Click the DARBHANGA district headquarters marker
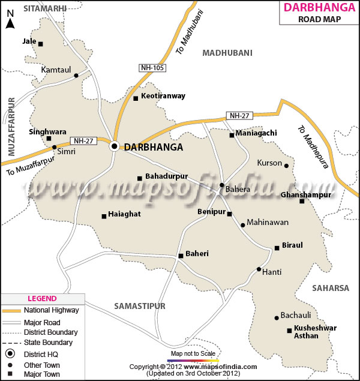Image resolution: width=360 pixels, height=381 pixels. (x=114, y=146)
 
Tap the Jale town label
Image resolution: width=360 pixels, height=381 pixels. (x=29, y=41)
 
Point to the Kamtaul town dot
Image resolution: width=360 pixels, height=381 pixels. (x=76, y=76)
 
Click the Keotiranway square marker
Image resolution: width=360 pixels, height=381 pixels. (x=136, y=98)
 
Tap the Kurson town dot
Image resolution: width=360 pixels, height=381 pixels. (x=287, y=166)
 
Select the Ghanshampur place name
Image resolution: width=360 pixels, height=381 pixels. (x=306, y=195)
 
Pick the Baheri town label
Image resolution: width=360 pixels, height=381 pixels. (x=197, y=254)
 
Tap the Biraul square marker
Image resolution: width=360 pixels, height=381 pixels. (x=277, y=247)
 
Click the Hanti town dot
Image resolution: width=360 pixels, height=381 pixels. (x=259, y=269)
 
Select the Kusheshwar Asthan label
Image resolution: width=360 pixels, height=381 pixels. (x=315, y=332)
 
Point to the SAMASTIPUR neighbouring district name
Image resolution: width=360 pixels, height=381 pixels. (x=140, y=306)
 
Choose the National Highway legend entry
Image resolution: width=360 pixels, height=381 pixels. (x=51, y=310)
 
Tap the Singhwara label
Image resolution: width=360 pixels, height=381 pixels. (x=47, y=131)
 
